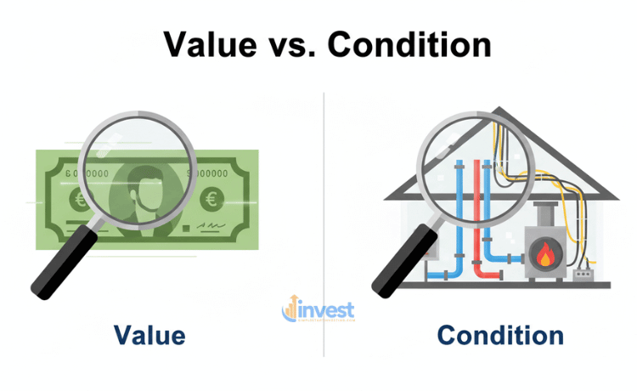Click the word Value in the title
209,43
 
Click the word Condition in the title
411,43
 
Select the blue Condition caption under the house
499,335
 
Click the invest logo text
324,310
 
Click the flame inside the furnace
541,252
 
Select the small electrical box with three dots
584,273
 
